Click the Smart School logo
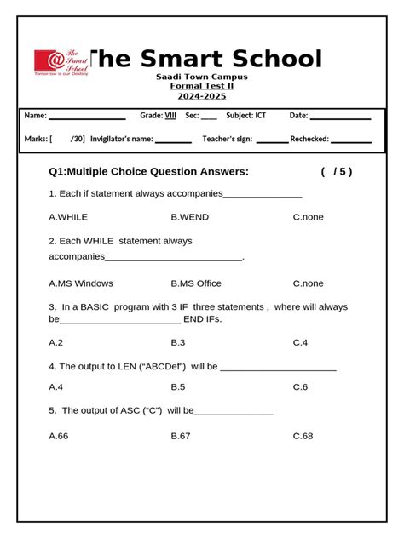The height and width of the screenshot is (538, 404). pyautogui.click(x=61, y=62)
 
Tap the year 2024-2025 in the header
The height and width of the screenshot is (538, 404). pyautogui.click(x=201, y=96)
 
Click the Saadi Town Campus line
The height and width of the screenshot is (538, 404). pyautogui.click(x=201, y=77)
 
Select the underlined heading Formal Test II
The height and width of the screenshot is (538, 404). pyautogui.click(x=201, y=86)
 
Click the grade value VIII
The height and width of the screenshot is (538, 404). pyautogui.click(x=170, y=116)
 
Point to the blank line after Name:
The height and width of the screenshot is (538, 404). pyautogui.click(x=87, y=117)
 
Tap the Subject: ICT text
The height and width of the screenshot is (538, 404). pyautogui.click(x=245, y=116)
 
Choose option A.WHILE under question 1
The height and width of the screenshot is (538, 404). pyautogui.click(x=68, y=217)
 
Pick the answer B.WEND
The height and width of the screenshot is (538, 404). pyautogui.click(x=189, y=217)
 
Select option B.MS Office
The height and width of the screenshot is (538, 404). pyautogui.click(x=195, y=283)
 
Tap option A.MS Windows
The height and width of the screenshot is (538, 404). pyautogui.click(x=81, y=283)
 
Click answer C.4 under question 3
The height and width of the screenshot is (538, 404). pyautogui.click(x=300, y=342)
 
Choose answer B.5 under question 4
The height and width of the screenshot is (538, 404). pyautogui.click(x=177, y=387)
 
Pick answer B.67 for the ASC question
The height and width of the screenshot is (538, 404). pyautogui.click(x=180, y=436)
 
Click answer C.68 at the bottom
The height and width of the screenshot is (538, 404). pyautogui.click(x=303, y=436)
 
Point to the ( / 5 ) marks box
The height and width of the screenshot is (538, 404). pyautogui.click(x=337, y=172)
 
